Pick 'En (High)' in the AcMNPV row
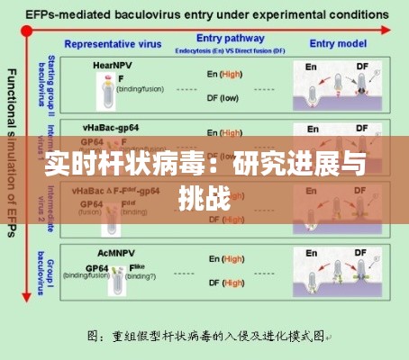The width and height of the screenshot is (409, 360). (223, 260)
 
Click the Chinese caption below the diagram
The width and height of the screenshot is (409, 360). (210, 336)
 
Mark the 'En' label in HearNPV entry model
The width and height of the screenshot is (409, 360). (311, 66)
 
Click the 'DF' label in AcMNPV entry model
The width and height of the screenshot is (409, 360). (361, 254)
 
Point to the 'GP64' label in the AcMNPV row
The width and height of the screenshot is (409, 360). (97, 267)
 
